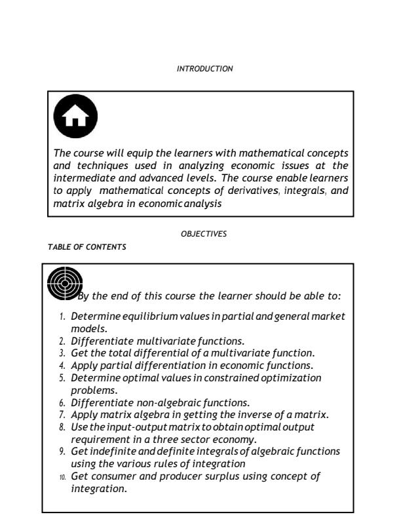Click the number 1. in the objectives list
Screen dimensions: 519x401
pos(63,317)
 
